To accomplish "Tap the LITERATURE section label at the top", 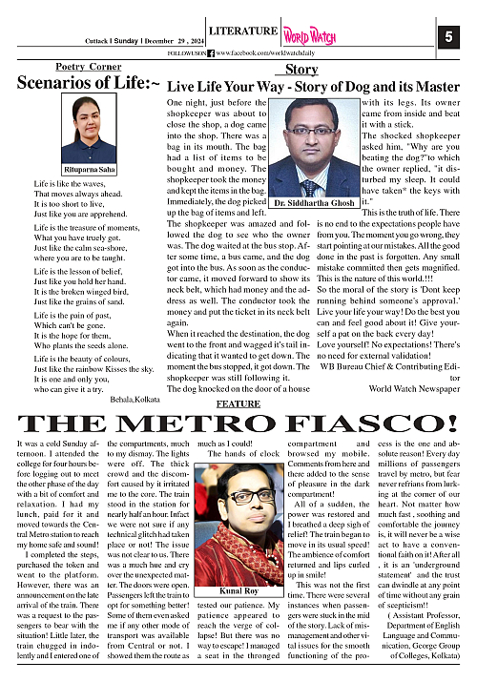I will click(232, 31).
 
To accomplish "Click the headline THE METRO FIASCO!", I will click(238, 424).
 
